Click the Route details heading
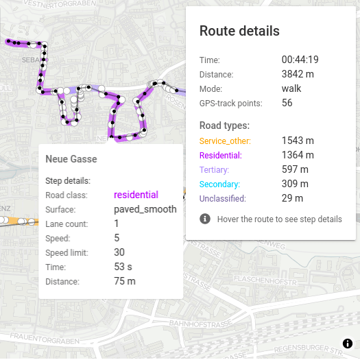(239, 31)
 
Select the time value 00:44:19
(300, 60)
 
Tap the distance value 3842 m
(298, 74)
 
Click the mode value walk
(291, 88)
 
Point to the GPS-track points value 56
(287, 103)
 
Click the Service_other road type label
(225, 141)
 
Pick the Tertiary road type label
(214, 169)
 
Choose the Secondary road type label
(219, 184)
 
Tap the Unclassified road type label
(222, 199)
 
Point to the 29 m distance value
(292, 199)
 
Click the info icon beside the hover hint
(205, 219)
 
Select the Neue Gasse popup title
(71, 159)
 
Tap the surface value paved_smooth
(145, 209)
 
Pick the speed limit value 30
(119, 252)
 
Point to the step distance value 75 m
(125, 281)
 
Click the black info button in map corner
(347, 344)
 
